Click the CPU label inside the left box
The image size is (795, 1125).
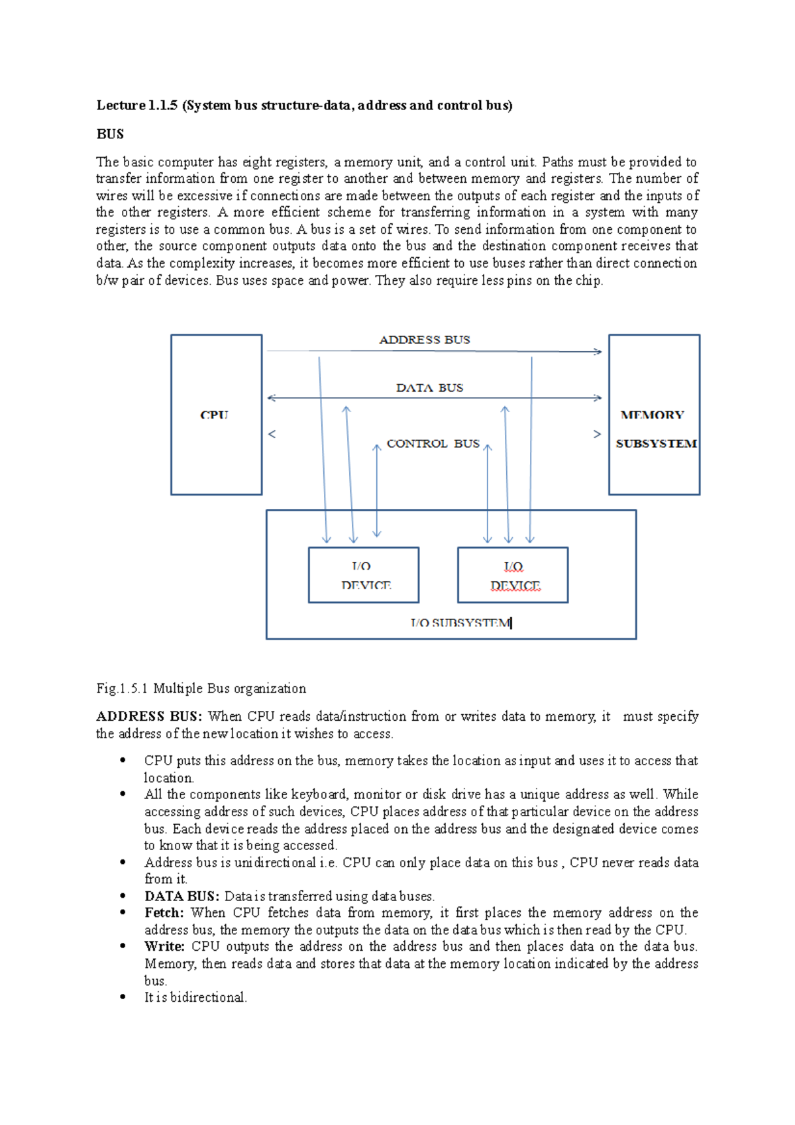[x=214, y=415]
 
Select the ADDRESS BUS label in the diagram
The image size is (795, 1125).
[x=424, y=340]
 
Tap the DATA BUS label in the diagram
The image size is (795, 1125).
[x=429, y=388]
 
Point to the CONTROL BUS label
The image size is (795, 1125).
[x=433, y=444]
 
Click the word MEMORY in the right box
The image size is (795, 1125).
[x=652, y=415]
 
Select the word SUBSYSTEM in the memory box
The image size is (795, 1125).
[x=656, y=444]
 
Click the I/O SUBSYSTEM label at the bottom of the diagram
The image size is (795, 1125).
[x=460, y=623]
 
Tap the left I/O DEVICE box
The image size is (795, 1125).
[x=364, y=575]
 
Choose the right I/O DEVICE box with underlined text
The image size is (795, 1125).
[x=513, y=575]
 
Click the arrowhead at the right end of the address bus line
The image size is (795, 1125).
[x=598, y=352]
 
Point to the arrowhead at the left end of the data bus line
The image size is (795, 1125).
[x=270, y=398]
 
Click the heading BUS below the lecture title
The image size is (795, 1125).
[x=110, y=134]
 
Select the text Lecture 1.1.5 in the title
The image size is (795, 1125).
[x=137, y=105]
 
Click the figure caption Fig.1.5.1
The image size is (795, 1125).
[x=123, y=688]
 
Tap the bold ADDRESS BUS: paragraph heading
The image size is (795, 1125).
[x=149, y=716]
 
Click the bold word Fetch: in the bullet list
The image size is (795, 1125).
[x=164, y=913]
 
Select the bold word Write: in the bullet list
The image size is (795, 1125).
[x=164, y=947]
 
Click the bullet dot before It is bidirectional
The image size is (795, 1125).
[x=123, y=996]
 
